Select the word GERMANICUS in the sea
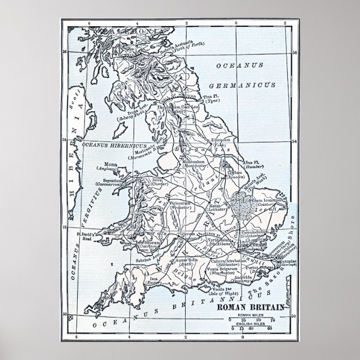point(240,86)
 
